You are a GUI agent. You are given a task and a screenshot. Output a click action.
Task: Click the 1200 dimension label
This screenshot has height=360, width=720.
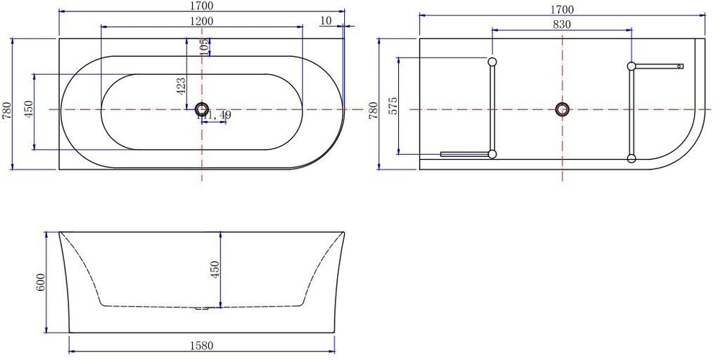tap(202, 22)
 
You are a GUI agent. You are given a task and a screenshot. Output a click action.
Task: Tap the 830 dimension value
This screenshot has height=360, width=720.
tap(562, 24)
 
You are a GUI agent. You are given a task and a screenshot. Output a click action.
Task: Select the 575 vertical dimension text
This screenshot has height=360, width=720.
tap(392, 106)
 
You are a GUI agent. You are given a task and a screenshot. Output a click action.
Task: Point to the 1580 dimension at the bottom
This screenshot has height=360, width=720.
tap(202, 346)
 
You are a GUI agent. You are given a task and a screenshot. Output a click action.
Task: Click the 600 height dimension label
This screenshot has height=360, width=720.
tap(41, 282)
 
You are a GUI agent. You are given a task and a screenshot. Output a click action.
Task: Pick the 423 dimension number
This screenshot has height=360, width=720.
tap(181, 86)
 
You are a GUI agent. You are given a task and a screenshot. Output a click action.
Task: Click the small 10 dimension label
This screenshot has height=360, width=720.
tap(325, 21)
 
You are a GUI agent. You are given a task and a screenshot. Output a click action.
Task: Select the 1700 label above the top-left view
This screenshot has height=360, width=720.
tap(202, 6)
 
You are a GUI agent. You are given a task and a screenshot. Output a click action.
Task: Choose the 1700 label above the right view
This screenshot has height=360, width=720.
tap(562, 9)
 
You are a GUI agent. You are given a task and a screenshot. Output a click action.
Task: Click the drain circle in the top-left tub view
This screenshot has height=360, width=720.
tap(202, 109)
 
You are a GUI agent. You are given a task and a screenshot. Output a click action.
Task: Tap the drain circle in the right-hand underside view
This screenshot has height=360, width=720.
tap(562, 109)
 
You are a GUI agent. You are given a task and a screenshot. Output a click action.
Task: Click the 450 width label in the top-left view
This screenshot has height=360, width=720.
tap(28, 111)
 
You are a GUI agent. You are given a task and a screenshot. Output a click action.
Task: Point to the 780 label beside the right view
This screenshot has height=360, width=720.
tap(373, 111)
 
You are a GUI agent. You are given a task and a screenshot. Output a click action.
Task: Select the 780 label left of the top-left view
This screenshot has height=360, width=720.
tap(6, 111)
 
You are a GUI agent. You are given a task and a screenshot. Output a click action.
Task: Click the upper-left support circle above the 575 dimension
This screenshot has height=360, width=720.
tap(492, 62)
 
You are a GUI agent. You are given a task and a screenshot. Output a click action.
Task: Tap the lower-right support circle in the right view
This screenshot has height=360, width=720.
tap(631, 158)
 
